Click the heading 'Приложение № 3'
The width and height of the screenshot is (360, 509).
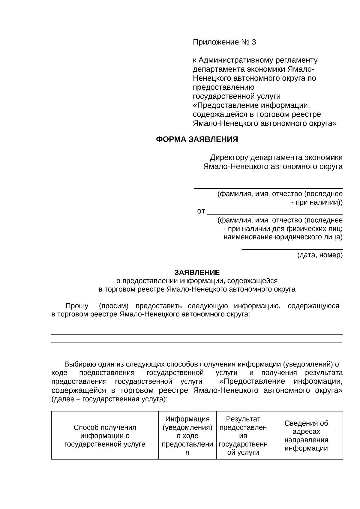(x=224, y=42)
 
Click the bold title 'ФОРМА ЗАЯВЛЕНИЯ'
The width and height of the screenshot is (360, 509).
(x=197, y=139)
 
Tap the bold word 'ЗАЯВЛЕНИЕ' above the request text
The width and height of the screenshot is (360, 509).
(x=197, y=272)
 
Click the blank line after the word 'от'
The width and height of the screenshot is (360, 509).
(x=275, y=214)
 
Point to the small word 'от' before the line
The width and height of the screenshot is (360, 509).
(x=201, y=211)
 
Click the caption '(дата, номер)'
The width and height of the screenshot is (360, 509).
(x=320, y=255)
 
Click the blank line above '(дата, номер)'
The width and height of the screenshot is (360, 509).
(x=292, y=249)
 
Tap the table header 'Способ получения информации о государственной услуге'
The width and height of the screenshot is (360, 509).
(x=105, y=436)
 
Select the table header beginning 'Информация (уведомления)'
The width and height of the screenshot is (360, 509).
(x=187, y=436)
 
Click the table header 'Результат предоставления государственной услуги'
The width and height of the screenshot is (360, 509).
(x=243, y=436)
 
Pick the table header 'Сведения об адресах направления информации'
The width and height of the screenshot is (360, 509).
(x=306, y=436)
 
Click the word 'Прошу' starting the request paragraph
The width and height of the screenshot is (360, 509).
(x=77, y=306)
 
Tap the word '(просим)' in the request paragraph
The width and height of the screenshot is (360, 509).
(x=114, y=306)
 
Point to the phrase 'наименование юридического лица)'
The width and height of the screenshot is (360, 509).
(x=283, y=237)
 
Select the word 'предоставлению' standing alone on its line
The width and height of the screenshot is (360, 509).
(x=223, y=88)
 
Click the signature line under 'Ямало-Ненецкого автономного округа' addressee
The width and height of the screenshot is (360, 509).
(x=268, y=188)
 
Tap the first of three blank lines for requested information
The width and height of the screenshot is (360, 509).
(x=197, y=326)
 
